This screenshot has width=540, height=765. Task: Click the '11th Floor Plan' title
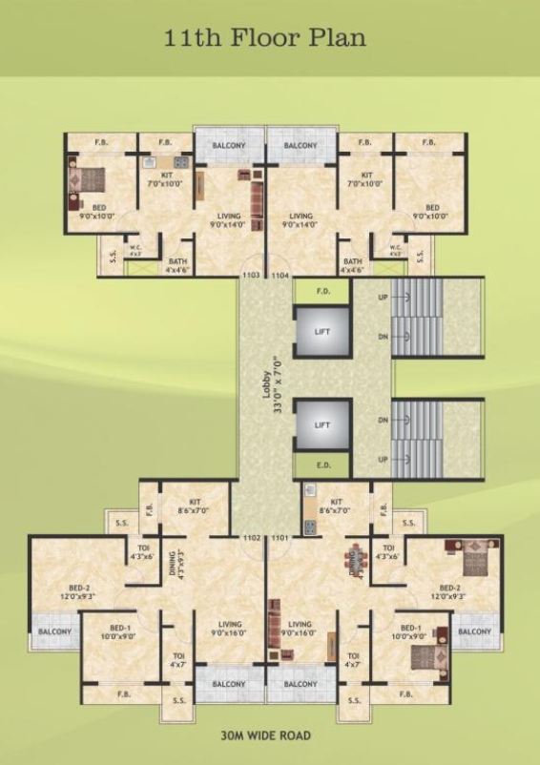pos(270,39)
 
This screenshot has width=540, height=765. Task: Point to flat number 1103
pos(251,275)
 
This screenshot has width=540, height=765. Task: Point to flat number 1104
pos(280,275)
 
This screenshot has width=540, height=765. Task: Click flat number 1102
pos(252,538)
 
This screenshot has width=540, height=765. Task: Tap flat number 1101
pos(280,538)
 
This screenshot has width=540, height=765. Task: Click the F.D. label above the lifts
pos(322,291)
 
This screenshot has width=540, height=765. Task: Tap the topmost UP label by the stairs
pos(383,299)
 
